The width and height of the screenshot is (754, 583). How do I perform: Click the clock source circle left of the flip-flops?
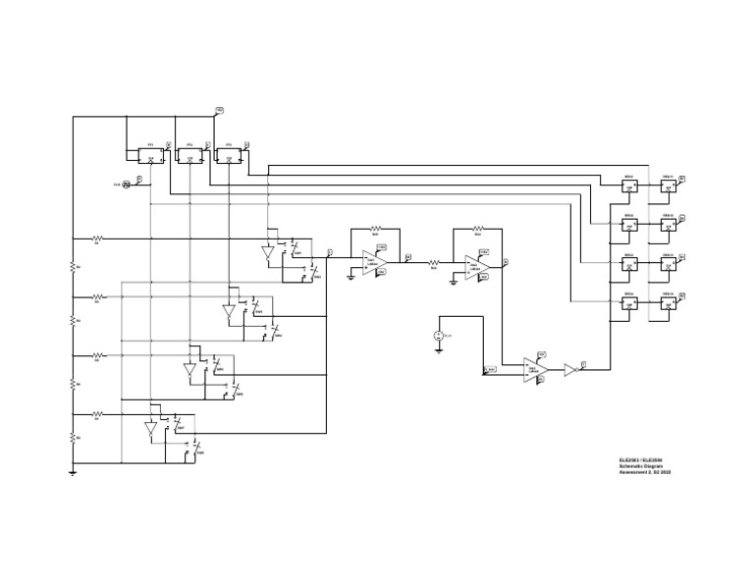(x=127, y=184)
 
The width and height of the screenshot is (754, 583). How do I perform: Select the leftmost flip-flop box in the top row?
(x=151, y=155)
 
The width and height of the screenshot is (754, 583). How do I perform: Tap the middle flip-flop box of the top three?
(x=189, y=155)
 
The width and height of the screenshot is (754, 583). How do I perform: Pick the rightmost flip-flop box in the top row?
(x=229, y=155)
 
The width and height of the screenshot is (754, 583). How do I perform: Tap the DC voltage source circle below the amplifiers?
(x=438, y=336)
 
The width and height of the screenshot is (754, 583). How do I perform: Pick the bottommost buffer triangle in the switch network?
(x=151, y=429)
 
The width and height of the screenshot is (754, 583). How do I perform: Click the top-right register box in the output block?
(x=669, y=185)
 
